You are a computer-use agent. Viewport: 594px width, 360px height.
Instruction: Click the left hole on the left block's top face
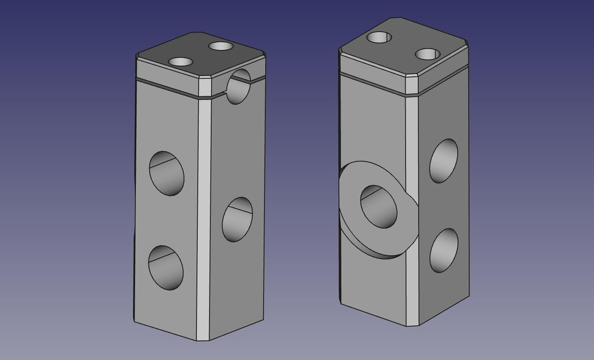(180, 61)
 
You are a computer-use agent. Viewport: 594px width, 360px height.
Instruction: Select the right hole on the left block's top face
(220, 46)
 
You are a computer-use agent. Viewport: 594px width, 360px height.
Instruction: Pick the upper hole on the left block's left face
(166, 173)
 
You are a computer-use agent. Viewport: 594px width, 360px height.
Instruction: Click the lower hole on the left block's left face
(166, 267)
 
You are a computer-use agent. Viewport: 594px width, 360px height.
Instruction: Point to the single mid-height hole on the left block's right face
(237, 219)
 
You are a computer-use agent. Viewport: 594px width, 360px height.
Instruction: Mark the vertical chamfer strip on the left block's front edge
(204, 214)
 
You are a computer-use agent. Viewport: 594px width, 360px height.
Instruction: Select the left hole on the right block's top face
(379, 37)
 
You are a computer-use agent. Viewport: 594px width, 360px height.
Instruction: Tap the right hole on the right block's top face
(428, 54)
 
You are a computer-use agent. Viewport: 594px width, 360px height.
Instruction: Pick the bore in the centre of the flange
(379, 206)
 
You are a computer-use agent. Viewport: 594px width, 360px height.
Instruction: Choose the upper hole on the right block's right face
(444, 161)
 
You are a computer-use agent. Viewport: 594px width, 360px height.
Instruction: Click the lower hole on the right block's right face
(444, 250)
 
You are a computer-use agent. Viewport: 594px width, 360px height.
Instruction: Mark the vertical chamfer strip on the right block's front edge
(412, 209)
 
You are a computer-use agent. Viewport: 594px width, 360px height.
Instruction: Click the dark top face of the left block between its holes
(201, 53)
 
